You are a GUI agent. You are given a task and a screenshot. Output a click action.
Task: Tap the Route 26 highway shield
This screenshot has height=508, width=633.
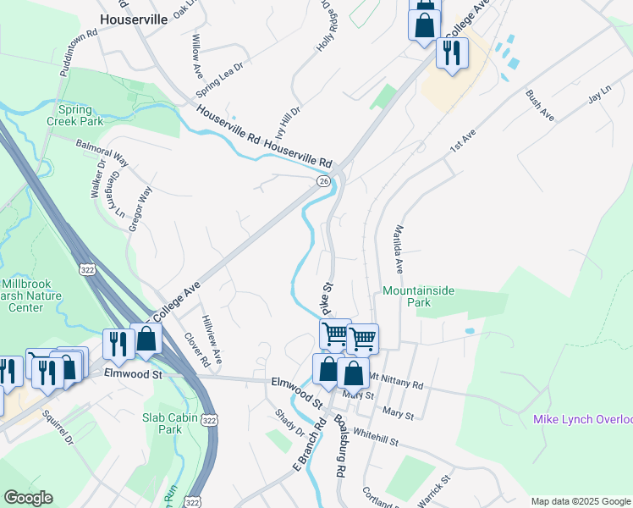pyautogui.click(x=323, y=181)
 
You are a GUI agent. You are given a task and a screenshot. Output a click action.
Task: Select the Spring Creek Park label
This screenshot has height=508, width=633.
pyautogui.click(x=81, y=115)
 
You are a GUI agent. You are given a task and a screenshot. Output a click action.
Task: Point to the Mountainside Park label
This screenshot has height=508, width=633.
pyautogui.click(x=418, y=296)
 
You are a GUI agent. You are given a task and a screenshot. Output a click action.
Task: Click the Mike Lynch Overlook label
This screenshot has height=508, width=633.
pyautogui.click(x=582, y=420)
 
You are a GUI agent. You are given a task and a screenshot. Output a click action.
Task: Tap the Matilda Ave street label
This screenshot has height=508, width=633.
pyautogui.click(x=397, y=248)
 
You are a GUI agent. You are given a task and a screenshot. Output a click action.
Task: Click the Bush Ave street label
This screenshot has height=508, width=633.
pyautogui.click(x=539, y=106)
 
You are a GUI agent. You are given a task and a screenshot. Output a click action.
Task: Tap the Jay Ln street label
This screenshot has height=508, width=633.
pyautogui.click(x=599, y=96)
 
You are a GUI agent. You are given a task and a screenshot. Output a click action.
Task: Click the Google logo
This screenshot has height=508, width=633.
pyautogui.click(x=28, y=498)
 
